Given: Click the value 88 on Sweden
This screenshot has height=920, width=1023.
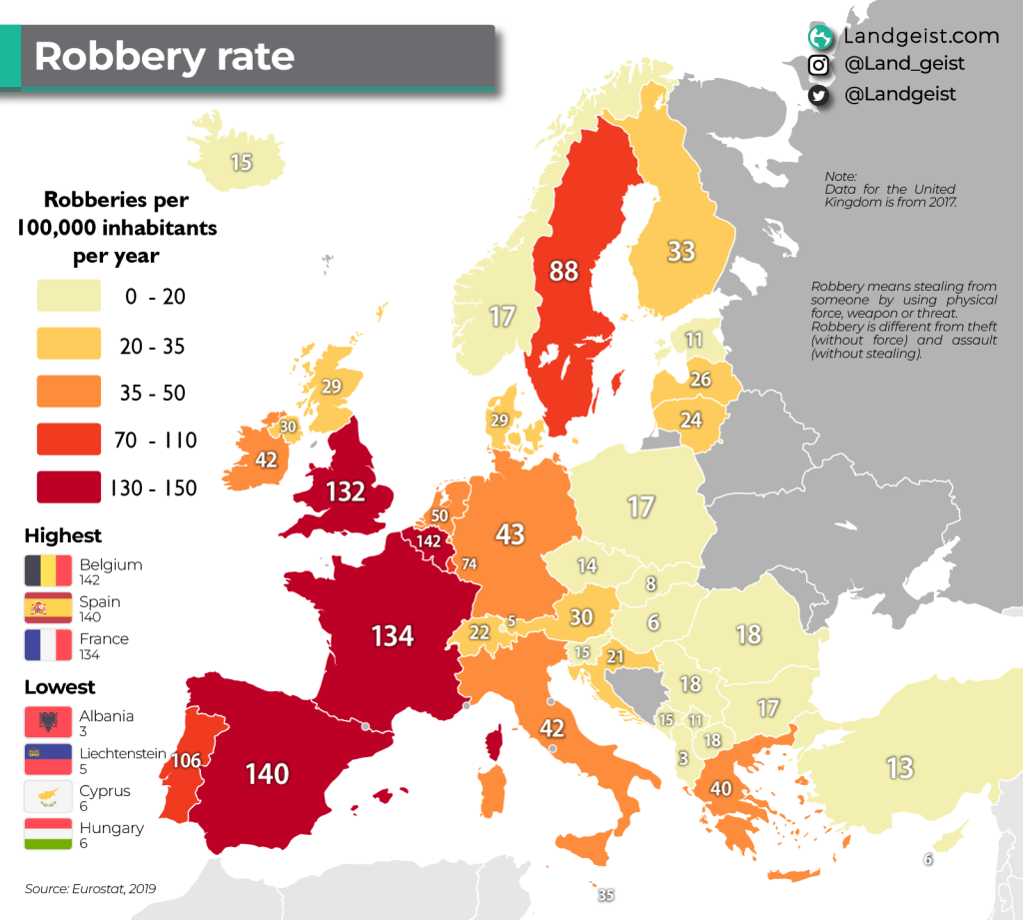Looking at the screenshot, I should point(564,271).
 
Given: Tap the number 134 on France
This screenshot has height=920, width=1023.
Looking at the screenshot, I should point(393,635).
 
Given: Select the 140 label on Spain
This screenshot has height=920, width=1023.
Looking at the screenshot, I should point(267,773).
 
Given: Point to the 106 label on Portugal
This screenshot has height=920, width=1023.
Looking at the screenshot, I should point(186,761).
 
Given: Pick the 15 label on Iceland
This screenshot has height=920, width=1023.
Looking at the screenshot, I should point(241,162).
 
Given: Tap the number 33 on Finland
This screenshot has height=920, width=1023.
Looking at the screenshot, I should point(681,251).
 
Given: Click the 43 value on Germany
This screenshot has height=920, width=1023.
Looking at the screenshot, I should point(511,534).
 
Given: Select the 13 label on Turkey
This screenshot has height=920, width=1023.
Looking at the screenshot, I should point(900,767).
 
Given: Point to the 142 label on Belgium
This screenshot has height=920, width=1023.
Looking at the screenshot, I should point(429,541).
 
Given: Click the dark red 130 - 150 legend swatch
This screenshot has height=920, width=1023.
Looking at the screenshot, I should point(69,487).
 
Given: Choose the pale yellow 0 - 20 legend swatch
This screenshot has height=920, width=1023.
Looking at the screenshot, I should point(69,297).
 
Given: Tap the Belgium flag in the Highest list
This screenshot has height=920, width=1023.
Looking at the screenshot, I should point(48,570).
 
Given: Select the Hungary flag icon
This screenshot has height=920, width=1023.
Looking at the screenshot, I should point(48,834).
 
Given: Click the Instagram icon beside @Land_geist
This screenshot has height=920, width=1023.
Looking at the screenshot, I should point(819,65).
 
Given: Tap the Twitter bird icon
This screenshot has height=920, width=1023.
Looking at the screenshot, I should point(819,95).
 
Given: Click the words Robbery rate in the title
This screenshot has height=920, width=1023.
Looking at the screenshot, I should point(165,57).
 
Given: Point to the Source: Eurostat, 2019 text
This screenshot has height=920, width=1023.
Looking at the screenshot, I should point(91,888).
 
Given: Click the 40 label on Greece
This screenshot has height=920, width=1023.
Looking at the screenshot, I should point(721,789).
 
